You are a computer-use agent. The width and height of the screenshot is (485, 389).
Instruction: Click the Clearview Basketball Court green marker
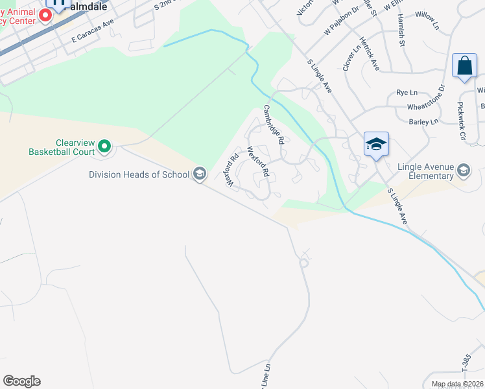(105, 147)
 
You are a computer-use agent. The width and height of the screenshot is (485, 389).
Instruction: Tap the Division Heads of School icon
(200, 174)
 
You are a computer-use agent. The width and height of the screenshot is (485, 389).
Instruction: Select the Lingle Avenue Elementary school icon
(464, 171)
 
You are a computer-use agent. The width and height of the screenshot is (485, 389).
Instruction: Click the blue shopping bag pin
(464, 67)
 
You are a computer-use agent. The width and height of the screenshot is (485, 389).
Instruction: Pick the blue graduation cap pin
(376, 145)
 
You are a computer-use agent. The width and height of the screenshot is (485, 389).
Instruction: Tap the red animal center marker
(46, 15)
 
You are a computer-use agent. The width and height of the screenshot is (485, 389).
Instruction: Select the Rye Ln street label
(407, 93)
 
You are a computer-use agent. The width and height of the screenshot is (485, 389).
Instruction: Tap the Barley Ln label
(425, 121)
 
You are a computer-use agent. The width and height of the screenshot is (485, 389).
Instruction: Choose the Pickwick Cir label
(461, 121)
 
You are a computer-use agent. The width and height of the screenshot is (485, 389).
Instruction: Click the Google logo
(21, 381)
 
